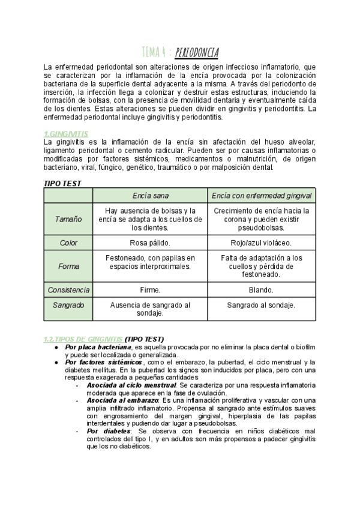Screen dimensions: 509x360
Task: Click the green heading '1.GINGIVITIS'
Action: [x=66, y=133]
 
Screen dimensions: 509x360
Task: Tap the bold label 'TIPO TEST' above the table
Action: [x=63, y=183]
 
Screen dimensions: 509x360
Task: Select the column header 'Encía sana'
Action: [x=151, y=196]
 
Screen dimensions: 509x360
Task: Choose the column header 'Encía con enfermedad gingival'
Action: [x=262, y=196]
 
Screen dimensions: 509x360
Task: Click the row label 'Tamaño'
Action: [x=69, y=219]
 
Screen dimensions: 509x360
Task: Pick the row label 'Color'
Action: [x=69, y=243]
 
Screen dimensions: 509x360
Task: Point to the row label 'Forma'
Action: [x=69, y=266]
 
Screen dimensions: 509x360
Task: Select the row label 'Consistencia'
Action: [x=69, y=290]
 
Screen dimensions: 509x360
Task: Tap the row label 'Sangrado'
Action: [x=69, y=305]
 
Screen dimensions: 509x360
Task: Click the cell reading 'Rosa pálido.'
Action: [x=151, y=243]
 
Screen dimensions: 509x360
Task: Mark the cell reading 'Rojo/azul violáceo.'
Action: [x=262, y=243]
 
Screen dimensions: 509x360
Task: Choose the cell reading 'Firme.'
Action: [x=151, y=290]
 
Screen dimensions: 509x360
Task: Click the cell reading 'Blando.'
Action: [x=262, y=290]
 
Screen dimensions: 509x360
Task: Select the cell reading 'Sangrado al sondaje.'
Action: [x=262, y=305]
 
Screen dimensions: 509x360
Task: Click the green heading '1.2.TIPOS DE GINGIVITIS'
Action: [x=83, y=339]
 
